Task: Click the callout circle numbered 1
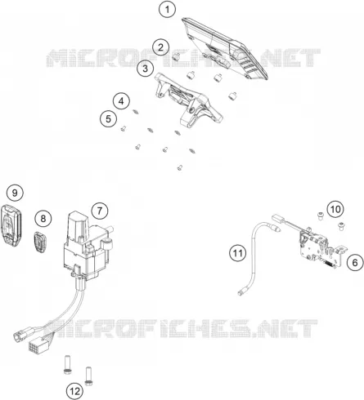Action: pyautogui.click(x=167, y=10)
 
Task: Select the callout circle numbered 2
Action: pyautogui.click(x=160, y=47)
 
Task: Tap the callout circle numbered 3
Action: pyautogui.click(x=145, y=69)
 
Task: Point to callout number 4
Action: pyautogui.click(x=121, y=101)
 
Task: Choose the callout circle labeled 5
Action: pyautogui.click(x=108, y=118)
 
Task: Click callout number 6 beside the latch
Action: pyautogui.click(x=355, y=263)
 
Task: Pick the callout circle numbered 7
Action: pyautogui.click(x=100, y=211)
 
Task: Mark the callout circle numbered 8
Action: pyautogui.click(x=43, y=218)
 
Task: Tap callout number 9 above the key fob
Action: pyautogui.click(x=15, y=193)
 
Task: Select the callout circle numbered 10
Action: pyautogui.click(x=335, y=209)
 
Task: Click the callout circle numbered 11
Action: pyautogui.click(x=237, y=253)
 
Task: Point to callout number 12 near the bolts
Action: pyautogui.click(x=74, y=391)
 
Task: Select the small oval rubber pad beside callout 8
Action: pyautogui.click(x=40, y=242)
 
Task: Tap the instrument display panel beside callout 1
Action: pyautogui.click(x=225, y=48)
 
